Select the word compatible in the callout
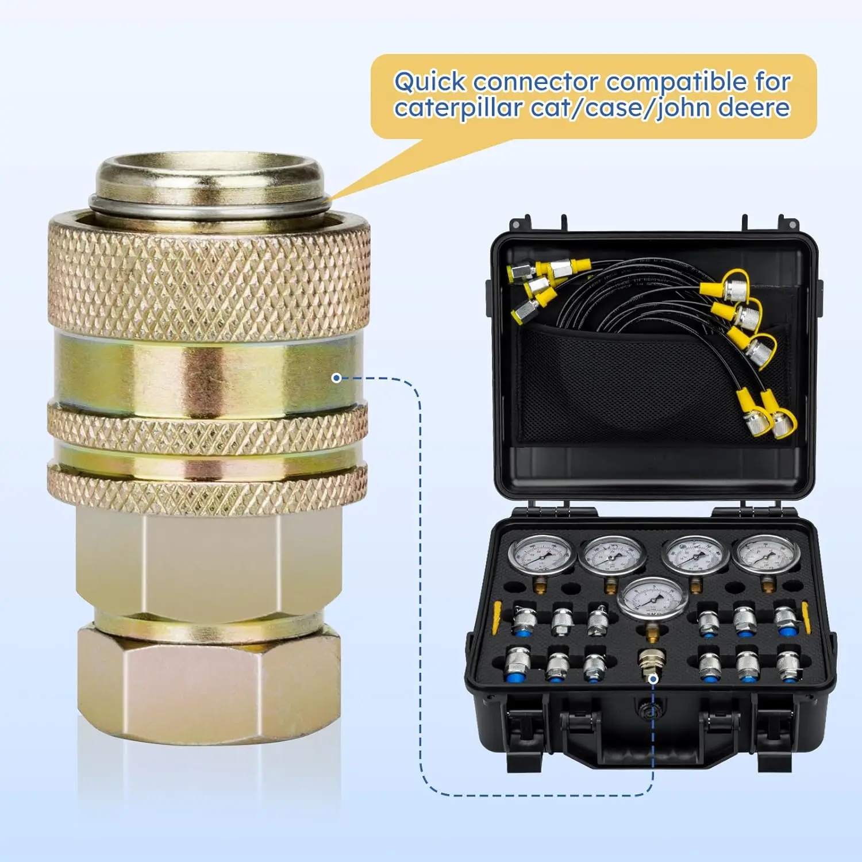click(x=676, y=82)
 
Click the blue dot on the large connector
click(x=337, y=378)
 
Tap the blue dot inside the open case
click(x=653, y=679)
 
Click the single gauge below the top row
click(x=652, y=598)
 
